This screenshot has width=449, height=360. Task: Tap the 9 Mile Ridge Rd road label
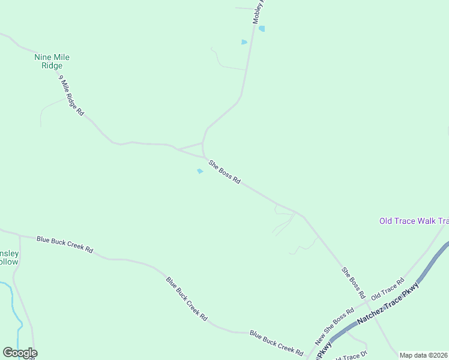pos(71,95)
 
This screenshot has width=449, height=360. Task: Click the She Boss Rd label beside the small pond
pos(224,172)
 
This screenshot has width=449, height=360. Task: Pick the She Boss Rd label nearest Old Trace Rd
pos(354,283)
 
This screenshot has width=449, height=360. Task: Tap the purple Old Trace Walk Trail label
pos(414,221)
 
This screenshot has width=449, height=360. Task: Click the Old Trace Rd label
pos(388,289)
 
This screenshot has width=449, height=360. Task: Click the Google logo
pos(20,353)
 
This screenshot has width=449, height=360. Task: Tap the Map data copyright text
pos(424,355)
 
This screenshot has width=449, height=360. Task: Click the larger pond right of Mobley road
pos(262,28)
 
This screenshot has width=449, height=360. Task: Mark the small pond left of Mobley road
pos(244,42)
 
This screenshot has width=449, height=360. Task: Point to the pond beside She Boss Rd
pos(200,171)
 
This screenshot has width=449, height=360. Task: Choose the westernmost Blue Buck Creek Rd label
pos(64,244)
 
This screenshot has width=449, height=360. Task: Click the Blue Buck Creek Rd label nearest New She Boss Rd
pos(276,341)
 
